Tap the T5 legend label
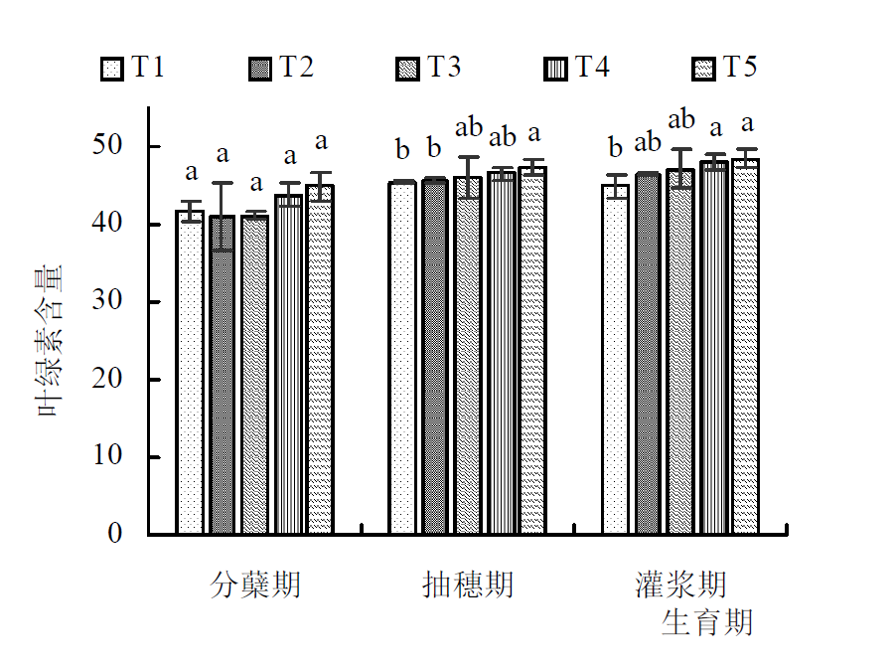pos(739,68)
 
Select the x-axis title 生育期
pos(707,623)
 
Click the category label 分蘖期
pos(255,585)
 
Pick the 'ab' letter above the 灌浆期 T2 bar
pos(648,142)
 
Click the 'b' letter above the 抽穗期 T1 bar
pos(402,150)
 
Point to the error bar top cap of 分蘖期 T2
pos(223,183)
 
